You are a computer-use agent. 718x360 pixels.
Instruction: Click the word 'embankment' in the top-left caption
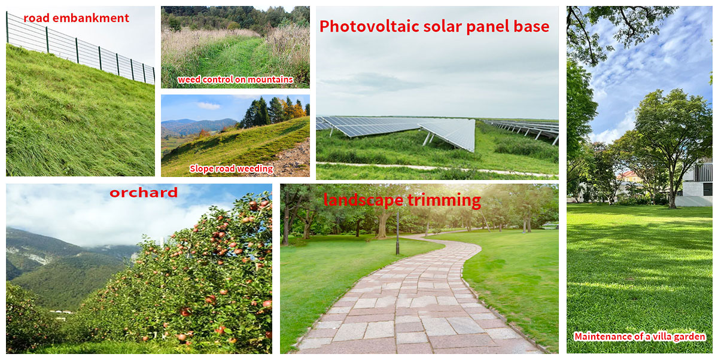91,18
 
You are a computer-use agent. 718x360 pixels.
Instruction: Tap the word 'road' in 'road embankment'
36,18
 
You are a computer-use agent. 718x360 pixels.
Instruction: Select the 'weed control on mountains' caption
235,80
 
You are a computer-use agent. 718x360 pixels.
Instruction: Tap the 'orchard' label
144,193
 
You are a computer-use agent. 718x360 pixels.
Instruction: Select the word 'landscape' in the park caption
364,200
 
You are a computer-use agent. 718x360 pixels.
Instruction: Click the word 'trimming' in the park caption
444,200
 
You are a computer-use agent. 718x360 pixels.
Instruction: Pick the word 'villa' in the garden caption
664,336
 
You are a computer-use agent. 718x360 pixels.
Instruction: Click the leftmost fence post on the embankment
7,28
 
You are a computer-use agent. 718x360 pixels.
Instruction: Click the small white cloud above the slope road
209,105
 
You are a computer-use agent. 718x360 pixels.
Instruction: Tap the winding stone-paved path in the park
410,298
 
